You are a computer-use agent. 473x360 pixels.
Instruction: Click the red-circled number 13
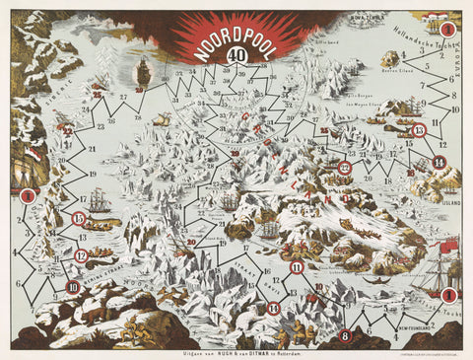(419, 130)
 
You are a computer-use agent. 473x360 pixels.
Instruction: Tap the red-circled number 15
(79, 218)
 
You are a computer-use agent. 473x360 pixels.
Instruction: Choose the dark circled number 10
(73, 287)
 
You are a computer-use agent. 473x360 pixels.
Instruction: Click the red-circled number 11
(296, 266)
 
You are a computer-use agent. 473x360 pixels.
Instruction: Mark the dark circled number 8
(345, 335)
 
